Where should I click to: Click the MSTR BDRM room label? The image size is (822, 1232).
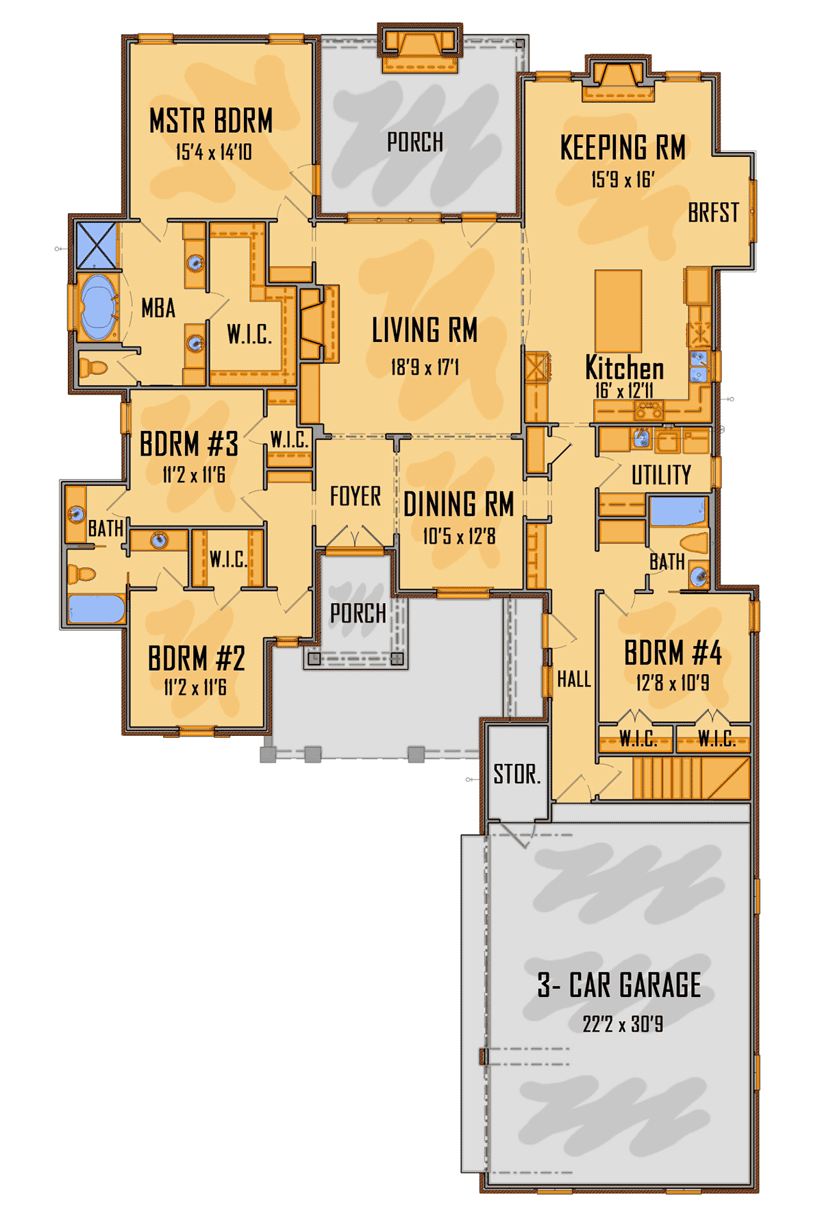click(x=211, y=121)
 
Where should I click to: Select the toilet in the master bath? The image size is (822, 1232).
click(x=93, y=368)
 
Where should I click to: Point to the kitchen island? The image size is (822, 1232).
click(x=618, y=310)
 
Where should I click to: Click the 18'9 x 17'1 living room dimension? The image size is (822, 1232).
click(x=425, y=368)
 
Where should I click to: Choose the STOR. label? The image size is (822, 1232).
click(x=517, y=774)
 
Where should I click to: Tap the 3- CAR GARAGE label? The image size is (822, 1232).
click(x=619, y=985)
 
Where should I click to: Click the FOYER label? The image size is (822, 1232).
click(x=355, y=496)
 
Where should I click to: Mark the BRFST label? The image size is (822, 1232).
click(x=714, y=212)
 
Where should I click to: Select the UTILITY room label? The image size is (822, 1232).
click(x=661, y=475)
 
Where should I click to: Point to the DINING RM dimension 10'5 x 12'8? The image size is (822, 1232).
click(x=459, y=536)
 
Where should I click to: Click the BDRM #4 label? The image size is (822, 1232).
click(x=673, y=653)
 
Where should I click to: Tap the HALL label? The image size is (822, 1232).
click(x=574, y=679)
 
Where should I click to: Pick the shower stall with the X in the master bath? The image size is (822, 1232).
click(x=96, y=245)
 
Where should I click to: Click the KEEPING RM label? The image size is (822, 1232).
click(x=623, y=147)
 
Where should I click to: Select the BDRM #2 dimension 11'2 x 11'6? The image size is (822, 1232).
click(x=195, y=687)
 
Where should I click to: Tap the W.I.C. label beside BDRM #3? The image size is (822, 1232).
click(x=289, y=440)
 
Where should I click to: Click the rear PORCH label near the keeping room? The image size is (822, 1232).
click(x=415, y=143)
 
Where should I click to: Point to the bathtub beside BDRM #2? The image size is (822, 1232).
click(x=97, y=608)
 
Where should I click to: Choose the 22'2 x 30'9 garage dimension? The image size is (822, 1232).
click(x=623, y=1024)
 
